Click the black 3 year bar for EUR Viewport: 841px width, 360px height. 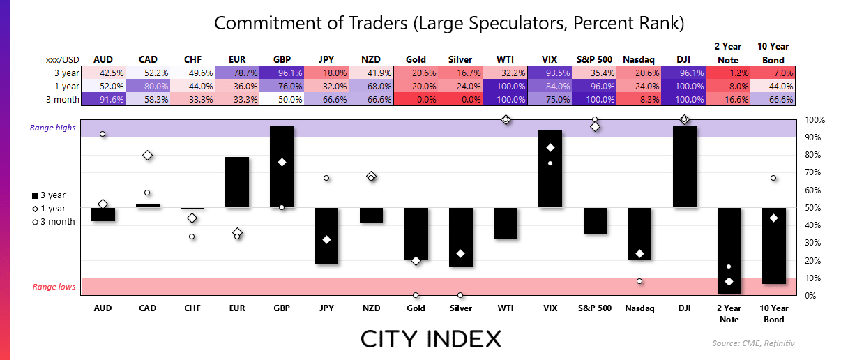click(x=237, y=182)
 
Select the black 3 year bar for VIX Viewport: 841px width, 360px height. click(x=550, y=169)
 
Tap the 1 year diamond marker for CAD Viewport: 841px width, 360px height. click(x=148, y=155)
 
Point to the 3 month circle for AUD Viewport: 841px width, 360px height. click(x=103, y=134)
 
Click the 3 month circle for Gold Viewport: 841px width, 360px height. click(x=416, y=295)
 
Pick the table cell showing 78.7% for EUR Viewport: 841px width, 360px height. click(x=237, y=73)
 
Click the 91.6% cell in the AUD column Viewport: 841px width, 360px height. click(x=103, y=100)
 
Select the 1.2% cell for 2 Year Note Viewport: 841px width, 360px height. click(x=728, y=73)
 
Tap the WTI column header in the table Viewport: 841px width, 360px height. click(x=505, y=60)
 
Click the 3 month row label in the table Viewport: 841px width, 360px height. click(x=63, y=100)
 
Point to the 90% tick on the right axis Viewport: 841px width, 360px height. click(x=813, y=137)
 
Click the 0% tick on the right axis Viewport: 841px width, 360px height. click(x=810, y=296)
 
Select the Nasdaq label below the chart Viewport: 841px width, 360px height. click(x=639, y=308)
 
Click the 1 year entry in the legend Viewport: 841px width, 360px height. click(x=49, y=209)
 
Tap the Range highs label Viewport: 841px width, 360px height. click(x=52, y=128)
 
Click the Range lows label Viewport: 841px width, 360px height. click(x=54, y=287)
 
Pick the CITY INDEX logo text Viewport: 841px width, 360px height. click(x=431, y=339)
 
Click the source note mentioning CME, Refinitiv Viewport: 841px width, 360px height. click(x=753, y=343)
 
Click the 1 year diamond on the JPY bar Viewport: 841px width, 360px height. click(x=326, y=240)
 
